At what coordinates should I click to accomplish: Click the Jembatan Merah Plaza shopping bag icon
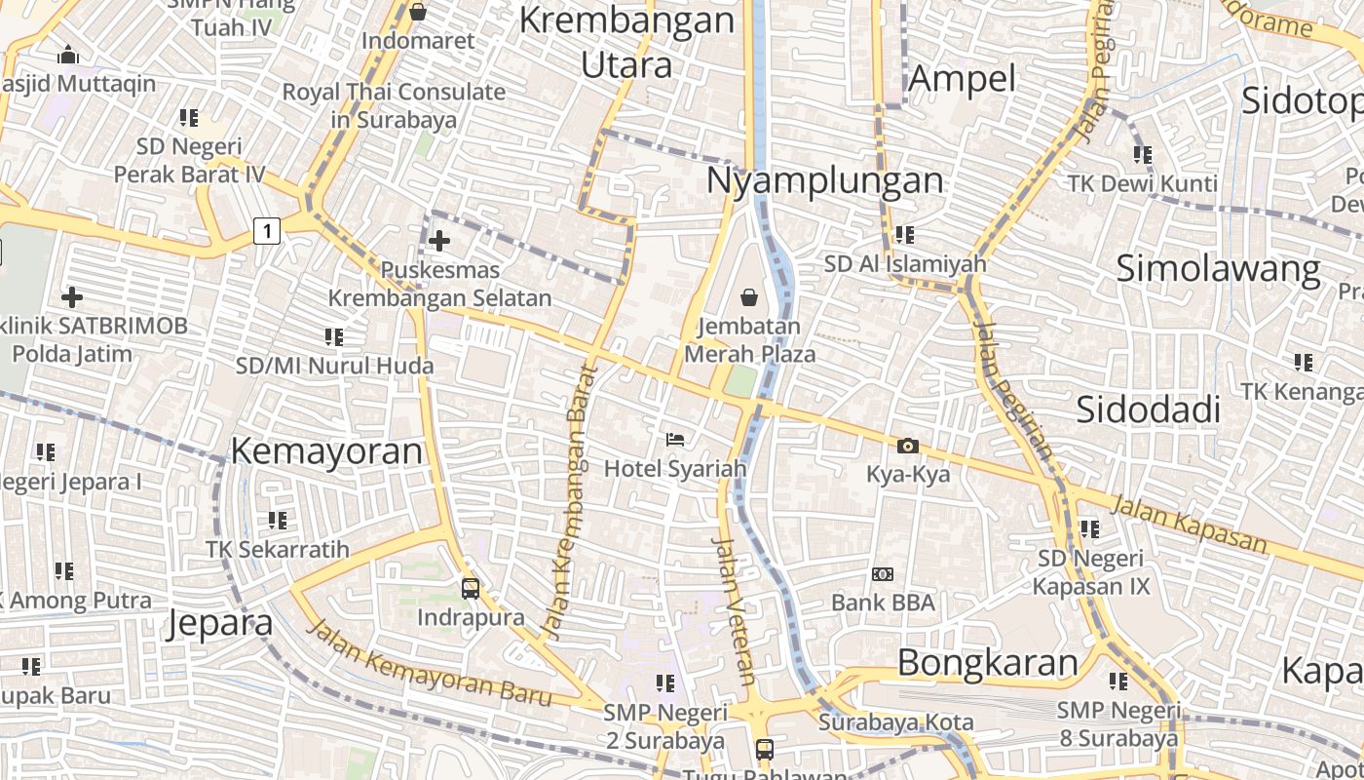pos(749,296)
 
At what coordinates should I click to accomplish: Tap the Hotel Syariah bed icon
pos(674,440)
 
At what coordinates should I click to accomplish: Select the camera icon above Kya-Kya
pos(907,447)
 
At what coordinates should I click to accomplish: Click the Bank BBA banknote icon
pos(883,574)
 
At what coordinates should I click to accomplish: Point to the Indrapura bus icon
pos(471,589)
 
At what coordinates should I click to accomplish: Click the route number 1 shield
pos(266,231)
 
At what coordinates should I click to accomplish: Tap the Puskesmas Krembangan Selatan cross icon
pos(439,240)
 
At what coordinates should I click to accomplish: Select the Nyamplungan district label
pos(824,180)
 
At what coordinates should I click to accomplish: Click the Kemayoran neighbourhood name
pos(326,451)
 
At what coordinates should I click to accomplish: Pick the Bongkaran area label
pos(987,663)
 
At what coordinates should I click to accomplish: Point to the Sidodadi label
pos(1148,410)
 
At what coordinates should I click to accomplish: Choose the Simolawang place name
pos(1218,268)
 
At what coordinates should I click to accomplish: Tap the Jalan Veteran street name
pos(735,610)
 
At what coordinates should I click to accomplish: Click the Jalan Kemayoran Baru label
pos(430,663)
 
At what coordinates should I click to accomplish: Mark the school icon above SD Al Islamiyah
pos(904,235)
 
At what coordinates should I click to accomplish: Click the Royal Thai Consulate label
pos(394,105)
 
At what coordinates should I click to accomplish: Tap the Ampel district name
pos(962,78)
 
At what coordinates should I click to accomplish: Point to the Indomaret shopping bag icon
pos(418,13)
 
